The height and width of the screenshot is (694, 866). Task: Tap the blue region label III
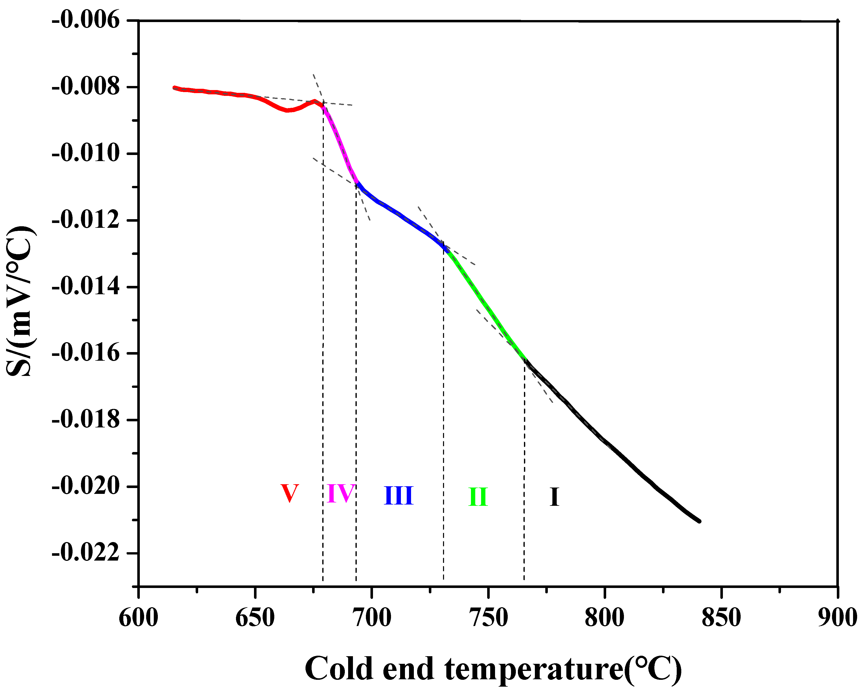click(x=398, y=495)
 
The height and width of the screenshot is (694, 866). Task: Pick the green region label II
click(x=478, y=497)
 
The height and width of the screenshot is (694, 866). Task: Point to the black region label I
click(x=554, y=497)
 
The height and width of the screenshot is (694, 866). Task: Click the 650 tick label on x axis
click(x=255, y=617)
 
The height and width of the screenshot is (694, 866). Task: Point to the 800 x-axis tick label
click(x=604, y=617)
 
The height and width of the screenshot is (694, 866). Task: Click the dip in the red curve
click(x=287, y=110)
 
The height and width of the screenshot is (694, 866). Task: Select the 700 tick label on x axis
click(x=371, y=617)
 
